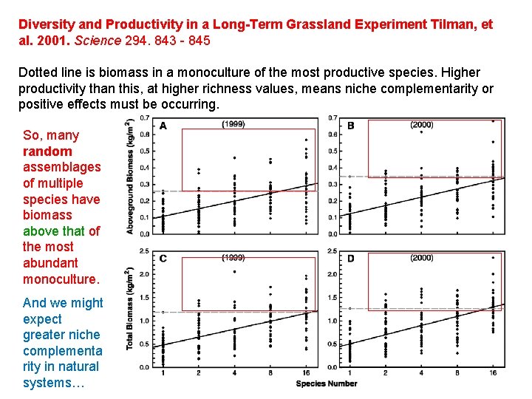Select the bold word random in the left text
[x=47, y=151]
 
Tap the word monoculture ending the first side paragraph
[x=61, y=279]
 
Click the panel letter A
[x=163, y=126]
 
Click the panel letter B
[x=350, y=126]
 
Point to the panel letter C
[x=163, y=259]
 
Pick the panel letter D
[x=350, y=259]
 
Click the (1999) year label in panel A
[x=233, y=124]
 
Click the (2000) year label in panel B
[x=421, y=124]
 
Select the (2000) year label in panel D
[x=421, y=257]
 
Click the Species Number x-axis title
[x=326, y=383]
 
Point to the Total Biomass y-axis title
[x=131, y=309]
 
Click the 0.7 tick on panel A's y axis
[x=146, y=118]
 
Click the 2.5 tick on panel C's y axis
[x=146, y=251]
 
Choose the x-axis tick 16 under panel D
[x=493, y=375]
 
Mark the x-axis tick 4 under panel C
[x=234, y=375]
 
